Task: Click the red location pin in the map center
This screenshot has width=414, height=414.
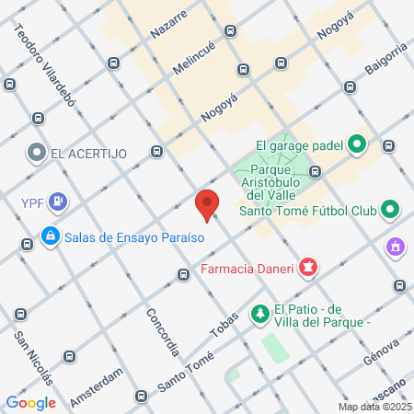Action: pyautogui.click(x=208, y=204)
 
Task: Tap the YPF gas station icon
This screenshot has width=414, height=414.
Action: pyautogui.click(x=58, y=200)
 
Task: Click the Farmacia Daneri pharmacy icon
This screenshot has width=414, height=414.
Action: pyautogui.click(x=308, y=269)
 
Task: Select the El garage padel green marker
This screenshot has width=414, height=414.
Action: pyautogui.click(x=358, y=144)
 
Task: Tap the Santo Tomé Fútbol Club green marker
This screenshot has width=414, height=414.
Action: pyautogui.click(x=389, y=211)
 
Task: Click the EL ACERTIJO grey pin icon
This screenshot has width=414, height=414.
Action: pyautogui.click(x=37, y=153)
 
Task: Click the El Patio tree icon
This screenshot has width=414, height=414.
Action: pyautogui.click(x=261, y=314)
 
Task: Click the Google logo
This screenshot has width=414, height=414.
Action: pyautogui.click(x=30, y=402)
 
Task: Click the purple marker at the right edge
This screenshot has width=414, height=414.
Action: pyautogui.click(x=397, y=247)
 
